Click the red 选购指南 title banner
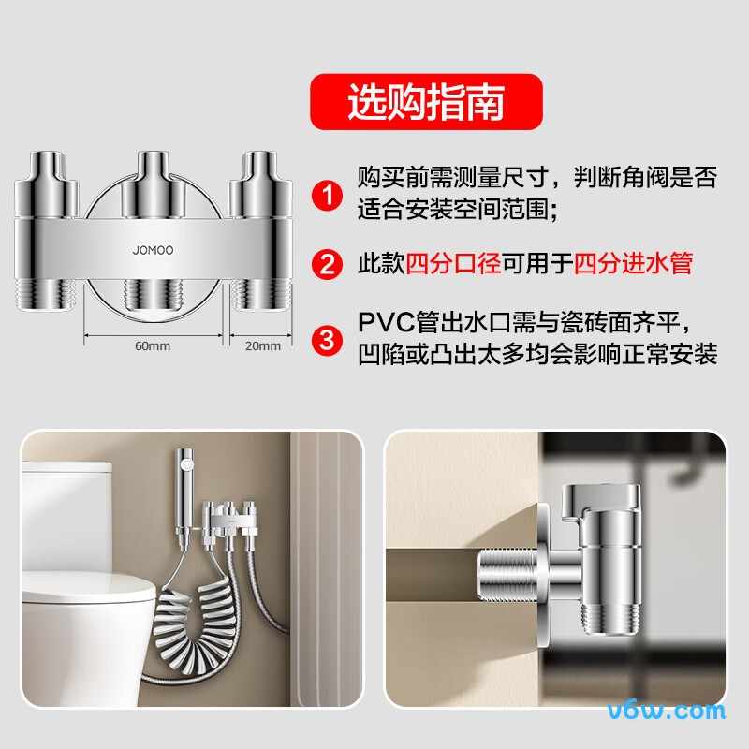[x=426, y=102]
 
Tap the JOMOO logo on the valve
[x=153, y=250]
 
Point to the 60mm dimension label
[x=153, y=345]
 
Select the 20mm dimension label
[x=263, y=345]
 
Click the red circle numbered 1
[x=327, y=196]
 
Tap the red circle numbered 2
[x=327, y=264]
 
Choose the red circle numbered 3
[x=327, y=340]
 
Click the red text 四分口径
[x=453, y=263]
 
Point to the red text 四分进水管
[x=633, y=263]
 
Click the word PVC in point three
[x=387, y=322]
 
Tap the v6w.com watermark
[x=667, y=711]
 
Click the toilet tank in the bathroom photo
[x=66, y=516]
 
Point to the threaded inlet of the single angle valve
[x=507, y=572]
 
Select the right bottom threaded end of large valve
[x=261, y=295]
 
